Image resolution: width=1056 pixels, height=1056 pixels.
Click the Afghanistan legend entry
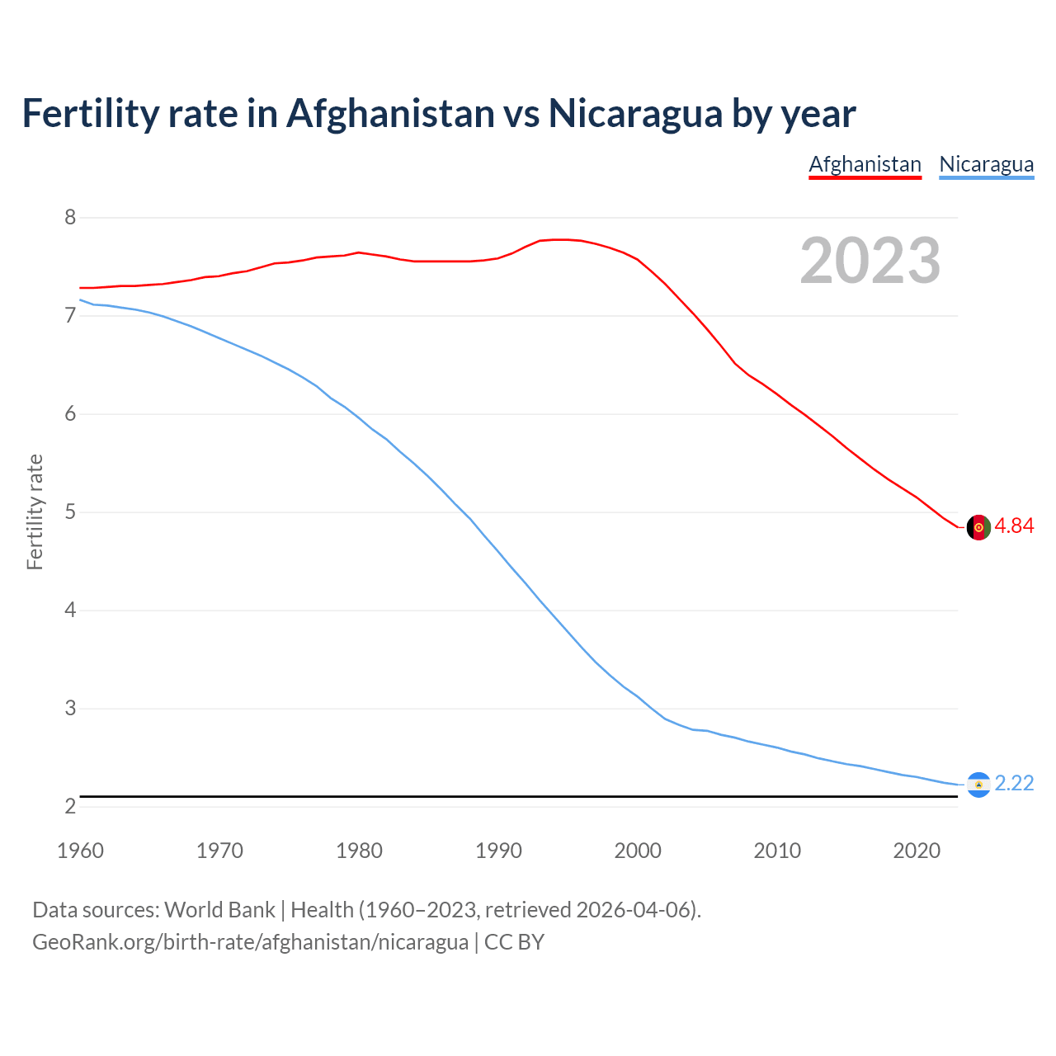[x=865, y=164]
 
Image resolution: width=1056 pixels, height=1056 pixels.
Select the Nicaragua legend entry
[x=986, y=164]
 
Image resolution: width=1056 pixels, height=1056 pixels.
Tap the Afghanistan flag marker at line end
[x=978, y=527]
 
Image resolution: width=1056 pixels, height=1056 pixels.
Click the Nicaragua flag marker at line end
[x=978, y=785]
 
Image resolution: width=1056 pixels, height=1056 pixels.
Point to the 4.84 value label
[x=1014, y=526]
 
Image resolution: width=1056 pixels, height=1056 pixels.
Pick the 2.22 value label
[x=1014, y=784]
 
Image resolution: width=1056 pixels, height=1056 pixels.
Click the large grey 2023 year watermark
[x=870, y=261]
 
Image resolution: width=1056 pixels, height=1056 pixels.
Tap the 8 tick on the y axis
[x=70, y=218]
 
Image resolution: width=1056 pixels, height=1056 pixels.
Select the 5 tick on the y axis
[x=70, y=512]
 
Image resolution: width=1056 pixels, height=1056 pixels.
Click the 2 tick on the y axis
[x=70, y=807]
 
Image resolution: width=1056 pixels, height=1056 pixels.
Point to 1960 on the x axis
[x=80, y=851]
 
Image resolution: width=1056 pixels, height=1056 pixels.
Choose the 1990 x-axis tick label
[x=498, y=851]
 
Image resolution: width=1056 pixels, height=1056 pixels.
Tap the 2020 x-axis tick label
[x=917, y=851]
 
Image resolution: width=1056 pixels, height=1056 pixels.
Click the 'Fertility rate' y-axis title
[x=35, y=511]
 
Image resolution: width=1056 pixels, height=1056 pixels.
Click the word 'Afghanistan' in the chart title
[x=390, y=113]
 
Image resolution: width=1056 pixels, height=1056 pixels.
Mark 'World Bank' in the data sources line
[x=219, y=910]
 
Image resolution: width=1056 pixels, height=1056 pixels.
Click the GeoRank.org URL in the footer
[x=250, y=942]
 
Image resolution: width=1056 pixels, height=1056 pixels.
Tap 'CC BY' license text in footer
[x=514, y=942]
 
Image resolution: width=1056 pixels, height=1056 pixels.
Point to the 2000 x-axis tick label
[x=638, y=851]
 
